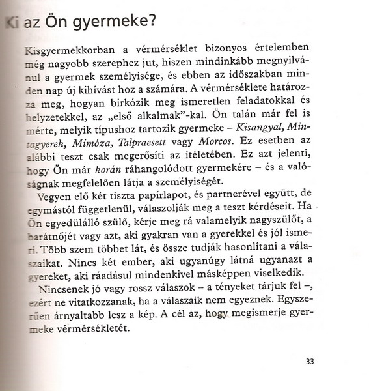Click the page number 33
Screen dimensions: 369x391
309,359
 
